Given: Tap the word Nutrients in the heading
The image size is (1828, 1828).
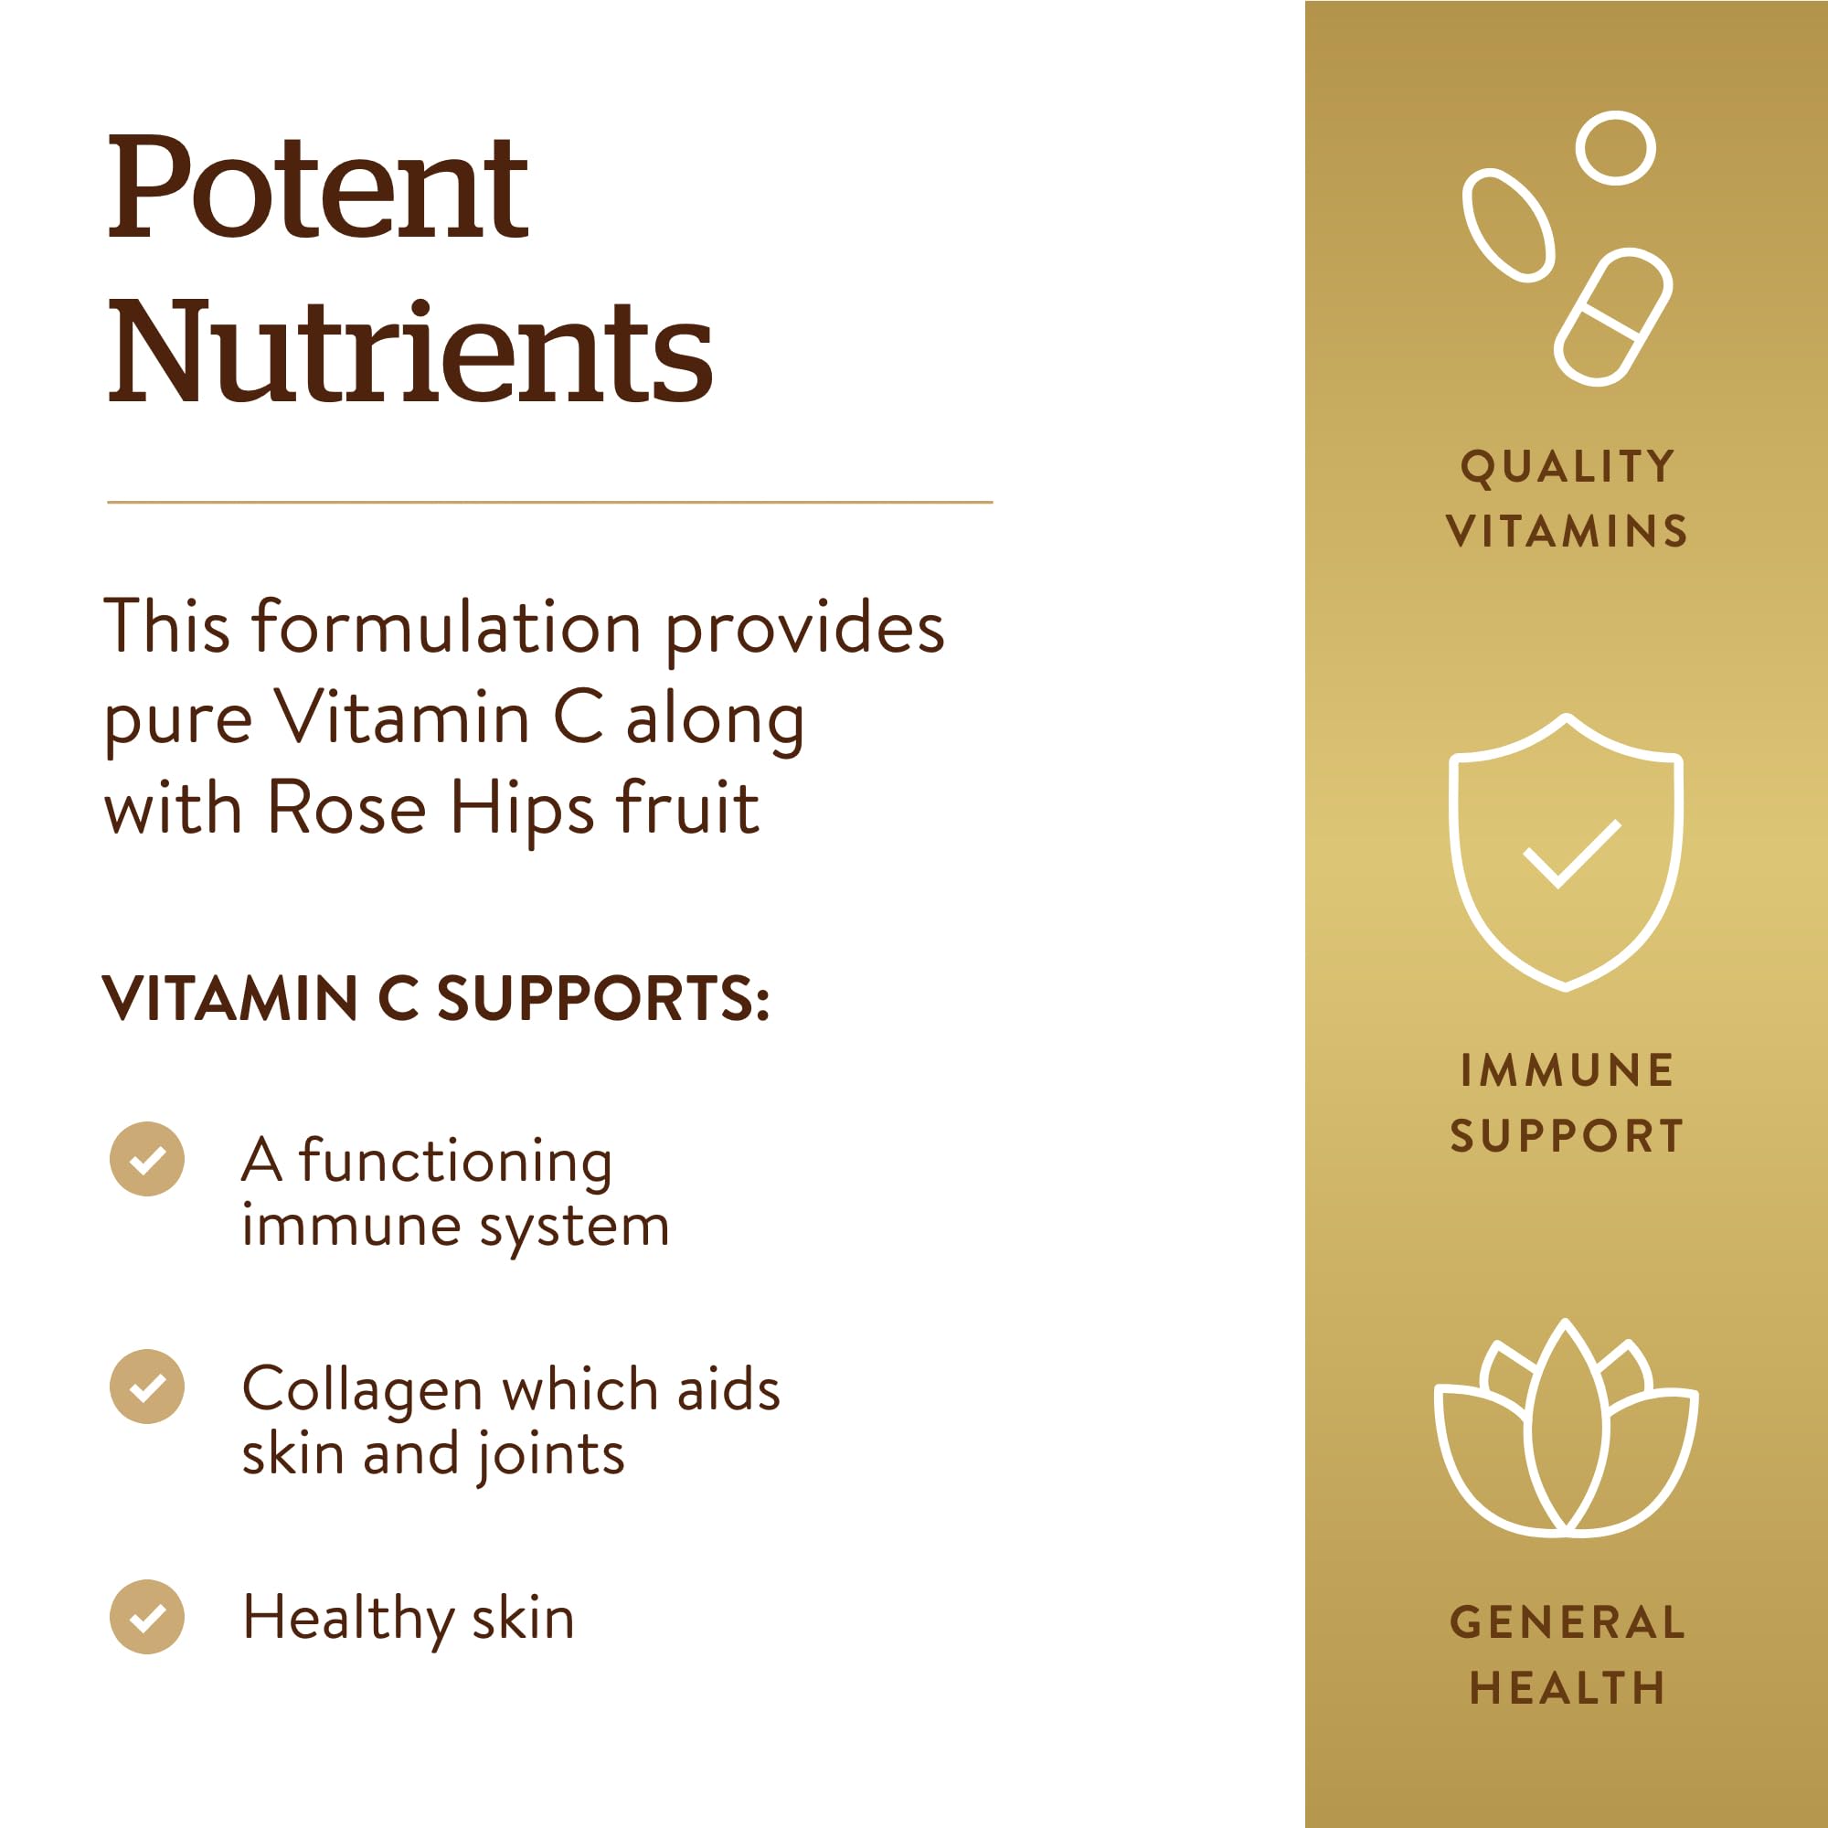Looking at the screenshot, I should pyautogui.click(x=409, y=352).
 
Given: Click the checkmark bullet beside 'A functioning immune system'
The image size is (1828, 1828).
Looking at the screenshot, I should pyautogui.click(x=146, y=1159).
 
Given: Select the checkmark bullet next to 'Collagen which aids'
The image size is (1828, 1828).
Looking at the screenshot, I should pyautogui.click(x=146, y=1387).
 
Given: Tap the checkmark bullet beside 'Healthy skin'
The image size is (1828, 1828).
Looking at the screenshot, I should pyautogui.click(x=146, y=1617).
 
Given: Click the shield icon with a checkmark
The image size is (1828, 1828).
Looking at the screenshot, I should pyautogui.click(x=1566, y=852).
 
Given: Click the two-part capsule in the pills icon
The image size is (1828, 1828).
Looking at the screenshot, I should pyautogui.click(x=1612, y=318).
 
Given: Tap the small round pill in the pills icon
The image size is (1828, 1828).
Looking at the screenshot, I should pyautogui.click(x=1615, y=147).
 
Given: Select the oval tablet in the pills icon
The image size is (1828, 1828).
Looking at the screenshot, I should pyautogui.click(x=1508, y=225).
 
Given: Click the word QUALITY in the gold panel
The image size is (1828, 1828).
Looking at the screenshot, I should pyautogui.click(x=1567, y=466).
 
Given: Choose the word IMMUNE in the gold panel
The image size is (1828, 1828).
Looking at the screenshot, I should pyautogui.click(x=1567, y=1071).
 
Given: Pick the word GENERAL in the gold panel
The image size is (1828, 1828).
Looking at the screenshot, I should pyautogui.click(x=1567, y=1622).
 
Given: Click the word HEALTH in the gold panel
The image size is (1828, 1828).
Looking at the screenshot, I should pyautogui.click(x=1567, y=1688).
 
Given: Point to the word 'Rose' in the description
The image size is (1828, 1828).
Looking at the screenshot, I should pyautogui.click(x=346, y=809).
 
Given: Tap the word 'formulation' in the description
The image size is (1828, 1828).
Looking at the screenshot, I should pyautogui.click(x=447, y=627).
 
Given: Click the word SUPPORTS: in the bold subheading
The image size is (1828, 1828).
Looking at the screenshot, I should pyautogui.click(x=603, y=999).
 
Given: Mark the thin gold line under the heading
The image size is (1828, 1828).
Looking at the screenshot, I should pyautogui.click(x=548, y=503).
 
